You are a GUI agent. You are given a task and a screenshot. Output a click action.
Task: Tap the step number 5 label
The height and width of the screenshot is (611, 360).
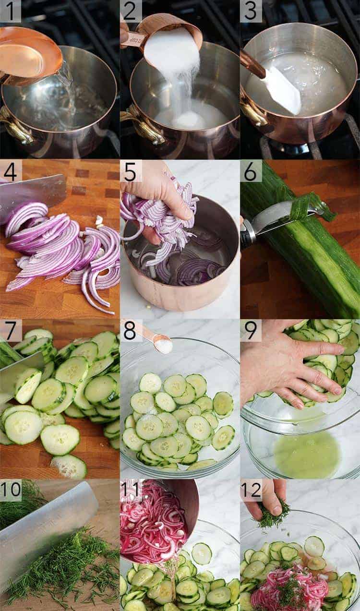coord(131,171)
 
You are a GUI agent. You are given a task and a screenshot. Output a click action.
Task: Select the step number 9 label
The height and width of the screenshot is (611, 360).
coord(251,331)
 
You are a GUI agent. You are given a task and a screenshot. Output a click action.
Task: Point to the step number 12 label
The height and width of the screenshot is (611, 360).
coord(252,490)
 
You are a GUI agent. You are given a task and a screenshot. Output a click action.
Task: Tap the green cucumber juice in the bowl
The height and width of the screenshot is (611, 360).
coord(307,454)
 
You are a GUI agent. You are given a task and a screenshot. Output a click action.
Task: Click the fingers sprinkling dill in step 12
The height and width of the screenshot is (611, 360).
coord(269,499)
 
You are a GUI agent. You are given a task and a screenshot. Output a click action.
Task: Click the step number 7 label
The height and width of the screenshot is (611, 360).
coord(11,331)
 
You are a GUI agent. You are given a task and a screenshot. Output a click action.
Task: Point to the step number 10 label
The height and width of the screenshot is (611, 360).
coord(11,490)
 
